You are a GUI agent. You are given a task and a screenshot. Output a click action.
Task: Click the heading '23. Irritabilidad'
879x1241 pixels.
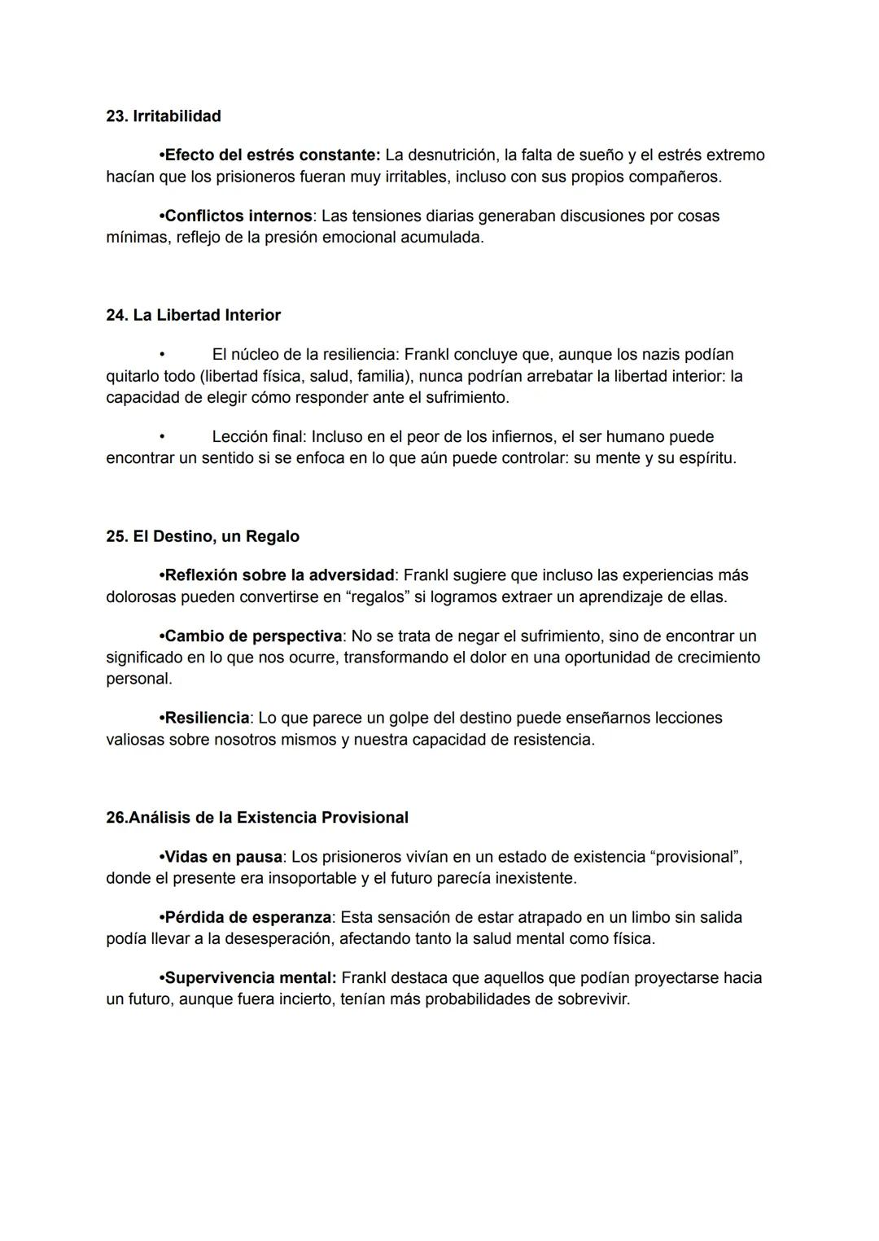click(164, 116)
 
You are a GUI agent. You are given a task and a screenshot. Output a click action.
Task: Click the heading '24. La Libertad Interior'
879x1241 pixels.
click(194, 315)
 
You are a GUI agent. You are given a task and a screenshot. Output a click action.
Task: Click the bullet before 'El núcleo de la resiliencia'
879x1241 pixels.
click(162, 355)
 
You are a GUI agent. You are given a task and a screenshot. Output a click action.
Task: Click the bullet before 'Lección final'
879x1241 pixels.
click(162, 437)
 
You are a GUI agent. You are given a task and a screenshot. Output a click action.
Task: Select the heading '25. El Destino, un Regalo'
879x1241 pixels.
click(203, 536)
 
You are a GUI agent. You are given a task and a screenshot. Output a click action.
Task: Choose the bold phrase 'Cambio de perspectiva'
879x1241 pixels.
click(253, 636)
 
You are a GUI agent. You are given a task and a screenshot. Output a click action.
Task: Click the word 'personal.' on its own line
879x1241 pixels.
click(139, 679)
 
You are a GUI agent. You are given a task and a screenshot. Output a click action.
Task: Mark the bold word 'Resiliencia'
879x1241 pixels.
click(207, 718)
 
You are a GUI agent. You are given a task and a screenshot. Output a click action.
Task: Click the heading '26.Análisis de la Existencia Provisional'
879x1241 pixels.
click(257, 817)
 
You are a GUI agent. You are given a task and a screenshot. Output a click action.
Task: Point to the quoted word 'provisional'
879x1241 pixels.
click(698, 857)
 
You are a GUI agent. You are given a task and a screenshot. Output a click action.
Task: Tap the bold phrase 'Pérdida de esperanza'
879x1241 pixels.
click(247, 917)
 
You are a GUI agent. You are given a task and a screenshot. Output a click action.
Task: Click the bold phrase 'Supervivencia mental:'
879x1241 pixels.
click(251, 977)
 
